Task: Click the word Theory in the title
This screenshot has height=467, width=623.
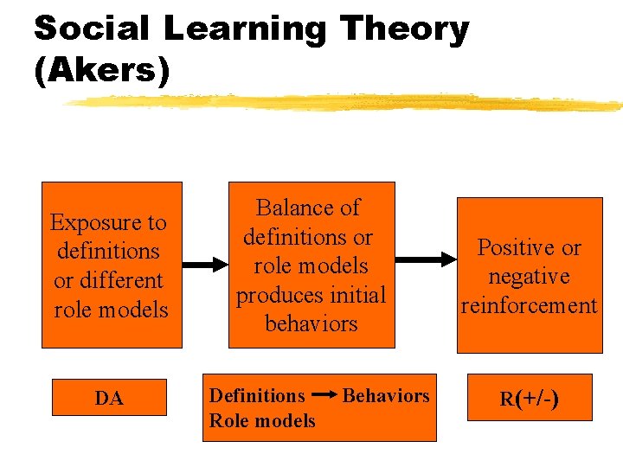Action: [405, 29]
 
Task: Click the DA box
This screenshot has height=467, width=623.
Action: [109, 399]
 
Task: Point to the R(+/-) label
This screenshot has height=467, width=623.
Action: [529, 399]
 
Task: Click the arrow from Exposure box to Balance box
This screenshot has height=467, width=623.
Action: [205, 265]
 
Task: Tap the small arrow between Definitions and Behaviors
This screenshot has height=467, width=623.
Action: [324, 396]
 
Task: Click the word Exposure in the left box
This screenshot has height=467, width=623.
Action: [108, 222]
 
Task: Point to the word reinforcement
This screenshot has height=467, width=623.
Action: [529, 305]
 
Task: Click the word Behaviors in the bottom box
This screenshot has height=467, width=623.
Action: [386, 395]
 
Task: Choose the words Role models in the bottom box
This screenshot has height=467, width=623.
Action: [262, 421]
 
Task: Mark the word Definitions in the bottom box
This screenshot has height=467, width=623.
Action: [257, 395]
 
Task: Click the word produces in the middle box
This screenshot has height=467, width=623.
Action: [274, 295]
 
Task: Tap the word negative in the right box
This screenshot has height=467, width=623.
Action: [529, 277]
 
